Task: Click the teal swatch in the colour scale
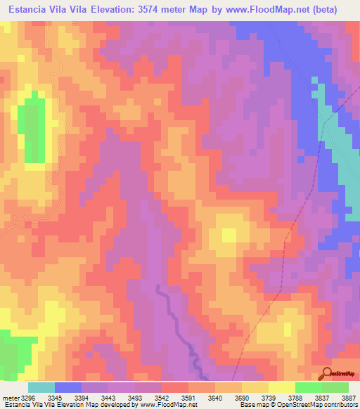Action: tap(41, 387)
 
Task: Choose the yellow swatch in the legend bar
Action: tap(281, 387)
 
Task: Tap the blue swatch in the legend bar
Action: tap(68, 387)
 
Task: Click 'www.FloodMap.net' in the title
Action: tap(264, 10)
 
